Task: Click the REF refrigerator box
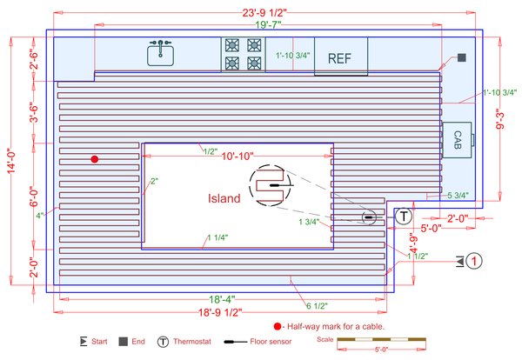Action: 341,58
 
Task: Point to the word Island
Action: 224,198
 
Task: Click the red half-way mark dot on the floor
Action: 95,159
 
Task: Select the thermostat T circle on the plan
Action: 404,216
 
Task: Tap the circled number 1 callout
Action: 474,260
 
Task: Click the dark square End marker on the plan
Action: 462,57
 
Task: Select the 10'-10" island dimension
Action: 237,157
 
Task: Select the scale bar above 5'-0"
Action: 379,338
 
